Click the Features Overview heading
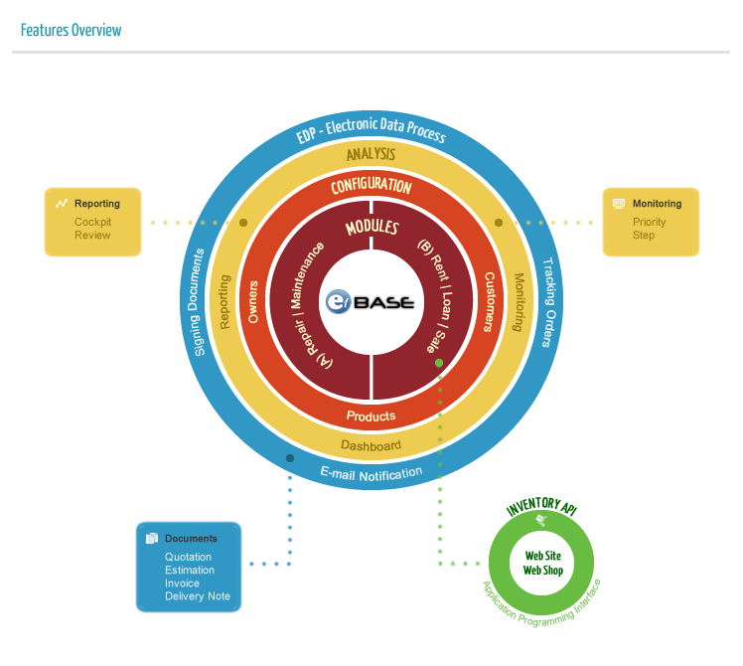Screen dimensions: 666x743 (x=71, y=30)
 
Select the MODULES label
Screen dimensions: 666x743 (x=371, y=228)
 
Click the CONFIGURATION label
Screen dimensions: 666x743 (x=371, y=186)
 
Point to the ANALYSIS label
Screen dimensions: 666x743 (x=371, y=154)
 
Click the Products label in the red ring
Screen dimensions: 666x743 (x=371, y=416)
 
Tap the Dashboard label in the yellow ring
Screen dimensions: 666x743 (x=371, y=444)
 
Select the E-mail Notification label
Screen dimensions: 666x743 (x=371, y=472)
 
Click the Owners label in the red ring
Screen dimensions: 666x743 (x=253, y=300)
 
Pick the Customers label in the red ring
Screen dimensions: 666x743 (x=489, y=301)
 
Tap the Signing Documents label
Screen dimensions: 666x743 (x=199, y=302)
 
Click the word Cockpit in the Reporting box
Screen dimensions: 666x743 (x=93, y=222)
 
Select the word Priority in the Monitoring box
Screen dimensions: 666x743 (x=650, y=222)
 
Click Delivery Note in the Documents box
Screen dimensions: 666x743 (x=198, y=596)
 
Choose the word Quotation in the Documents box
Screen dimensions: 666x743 (x=189, y=558)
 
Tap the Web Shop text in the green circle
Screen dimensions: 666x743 (x=543, y=570)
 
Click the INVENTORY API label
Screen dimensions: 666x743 (x=541, y=508)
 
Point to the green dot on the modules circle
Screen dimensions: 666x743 (x=438, y=364)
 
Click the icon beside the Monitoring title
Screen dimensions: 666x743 (x=619, y=204)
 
